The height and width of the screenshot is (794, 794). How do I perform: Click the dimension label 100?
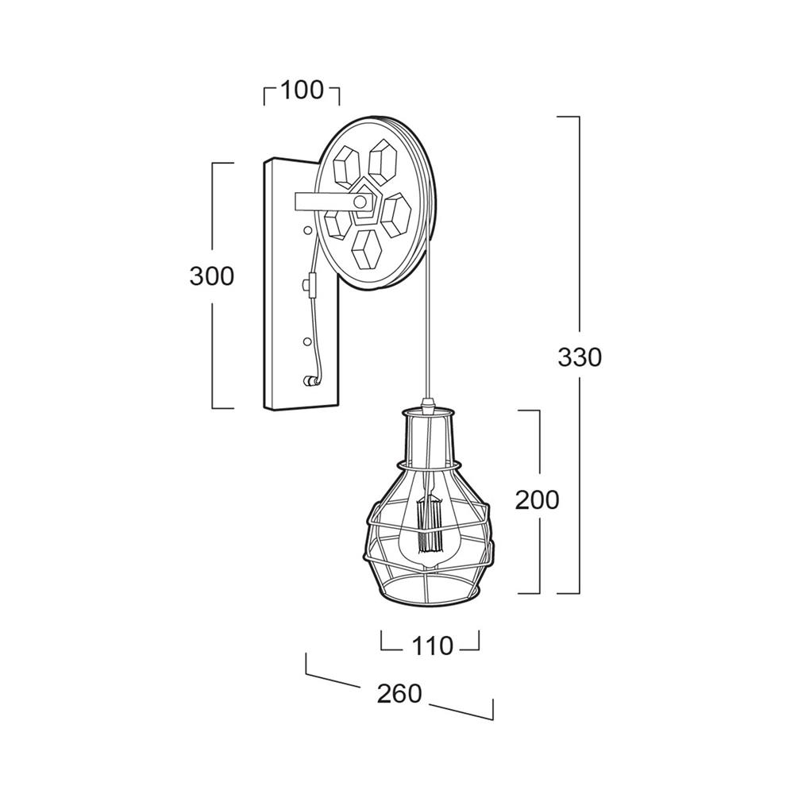[301, 91]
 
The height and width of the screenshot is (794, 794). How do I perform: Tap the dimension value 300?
[212, 276]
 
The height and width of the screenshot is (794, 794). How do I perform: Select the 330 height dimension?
[580, 357]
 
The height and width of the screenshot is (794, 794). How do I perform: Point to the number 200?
[538, 499]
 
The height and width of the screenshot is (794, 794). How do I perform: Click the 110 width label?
[432, 646]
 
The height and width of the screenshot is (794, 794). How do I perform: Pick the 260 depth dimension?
[399, 694]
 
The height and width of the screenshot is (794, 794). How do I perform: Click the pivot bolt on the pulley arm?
[360, 202]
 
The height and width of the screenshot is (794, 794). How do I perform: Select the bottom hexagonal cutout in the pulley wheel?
[367, 249]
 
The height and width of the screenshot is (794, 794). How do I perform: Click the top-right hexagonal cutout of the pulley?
[383, 162]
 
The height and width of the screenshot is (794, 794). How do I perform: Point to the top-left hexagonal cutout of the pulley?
[347, 164]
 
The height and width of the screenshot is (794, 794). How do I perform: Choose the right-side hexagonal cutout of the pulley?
[396, 214]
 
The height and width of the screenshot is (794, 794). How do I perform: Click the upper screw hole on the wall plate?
[306, 230]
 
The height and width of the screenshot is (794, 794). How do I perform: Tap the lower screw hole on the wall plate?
[306, 341]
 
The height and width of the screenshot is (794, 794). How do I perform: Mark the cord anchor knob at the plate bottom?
[307, 381]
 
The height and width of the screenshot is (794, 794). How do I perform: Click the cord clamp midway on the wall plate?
[309, 286]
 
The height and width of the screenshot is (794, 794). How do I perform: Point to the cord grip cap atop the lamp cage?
[429, 405]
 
